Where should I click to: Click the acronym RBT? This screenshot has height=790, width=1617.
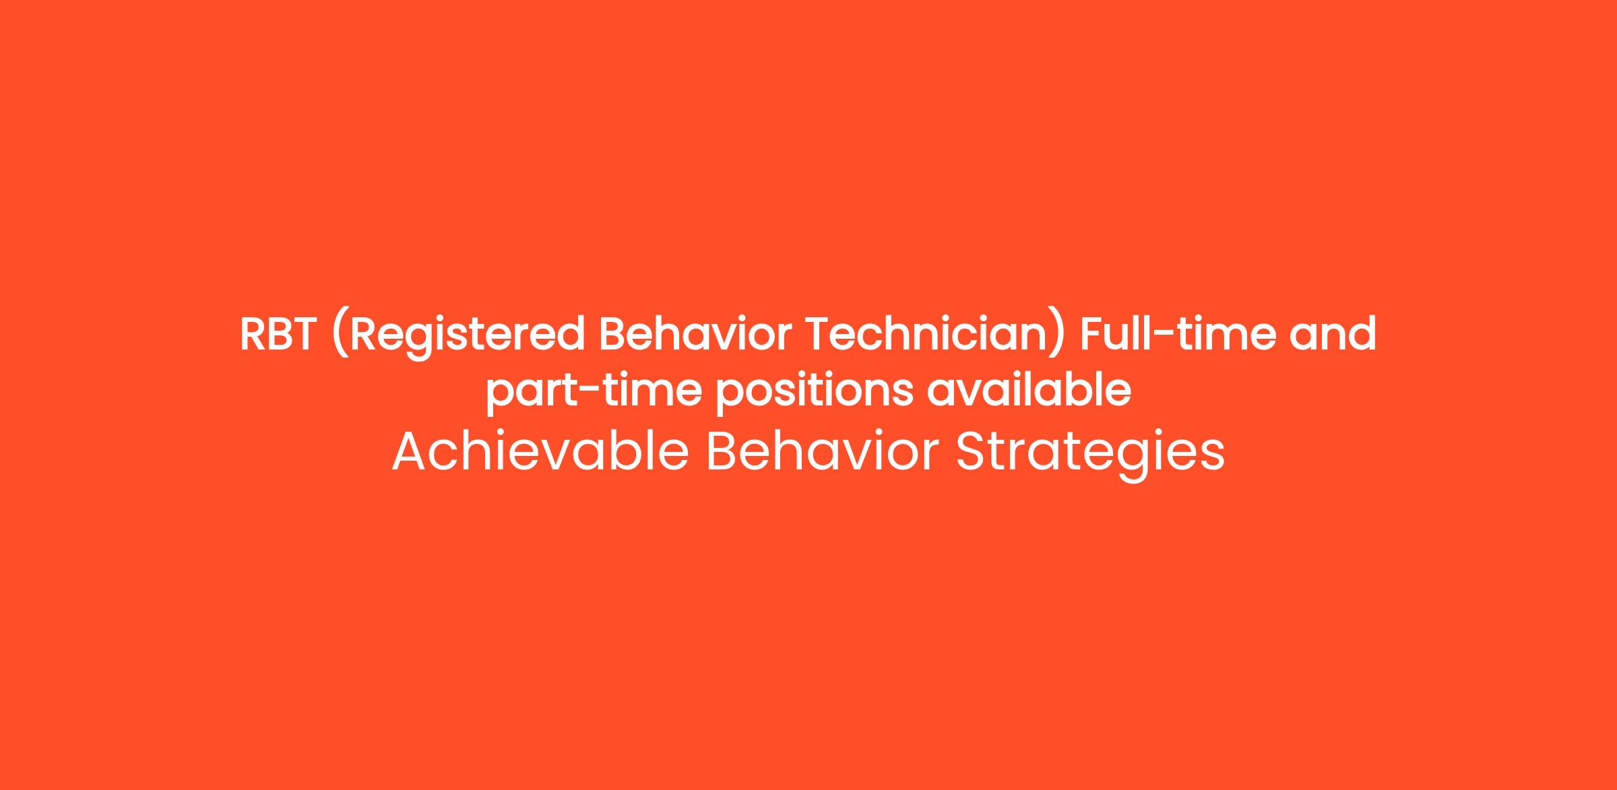278,335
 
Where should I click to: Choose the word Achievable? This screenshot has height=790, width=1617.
540,451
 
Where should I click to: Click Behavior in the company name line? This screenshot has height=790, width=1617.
822,451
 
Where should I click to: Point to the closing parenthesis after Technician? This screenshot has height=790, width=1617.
1058,337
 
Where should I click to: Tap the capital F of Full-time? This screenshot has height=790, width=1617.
1092,335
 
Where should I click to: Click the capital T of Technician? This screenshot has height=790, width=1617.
819,335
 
